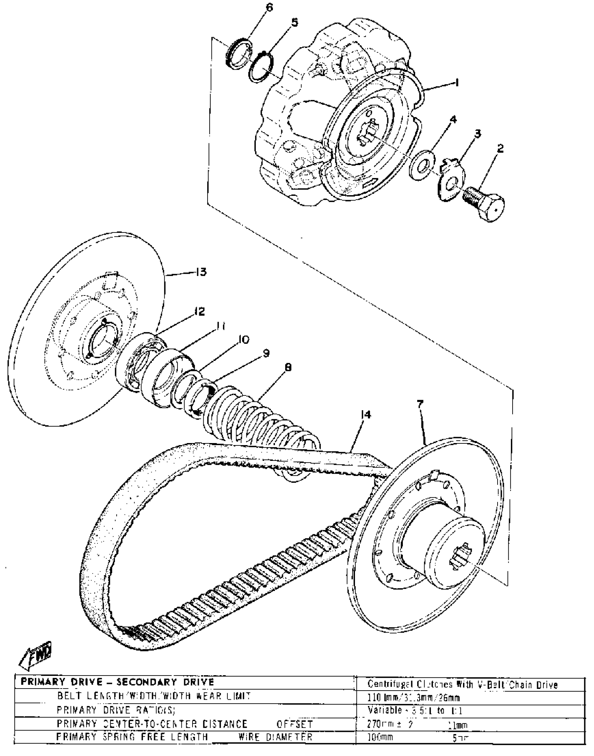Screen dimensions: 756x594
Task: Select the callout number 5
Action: [295, 23]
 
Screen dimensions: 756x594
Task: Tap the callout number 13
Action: [201, 272]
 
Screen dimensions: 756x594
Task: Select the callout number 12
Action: [200, 311]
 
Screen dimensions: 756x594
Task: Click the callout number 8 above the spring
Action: [288, 367]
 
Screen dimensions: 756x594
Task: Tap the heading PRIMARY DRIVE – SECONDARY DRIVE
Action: [117, 682]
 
